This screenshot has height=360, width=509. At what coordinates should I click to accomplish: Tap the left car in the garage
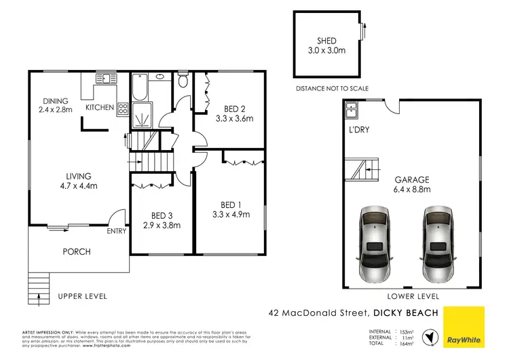tap(375, 245)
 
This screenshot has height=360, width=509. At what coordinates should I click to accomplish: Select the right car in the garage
tap(438, 245)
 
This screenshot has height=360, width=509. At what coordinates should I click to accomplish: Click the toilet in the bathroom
tap(181, 81)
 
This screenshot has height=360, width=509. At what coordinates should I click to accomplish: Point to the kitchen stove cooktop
tap(123, 108)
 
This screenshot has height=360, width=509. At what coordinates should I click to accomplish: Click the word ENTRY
tap(117, 231)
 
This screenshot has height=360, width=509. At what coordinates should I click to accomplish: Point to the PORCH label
tap(77, 251)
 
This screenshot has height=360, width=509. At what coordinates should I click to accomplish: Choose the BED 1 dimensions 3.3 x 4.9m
tap(231, 215)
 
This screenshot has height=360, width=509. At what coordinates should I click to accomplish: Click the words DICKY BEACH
tap(406, 313)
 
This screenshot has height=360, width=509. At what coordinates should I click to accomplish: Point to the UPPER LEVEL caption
tap(82, 296)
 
